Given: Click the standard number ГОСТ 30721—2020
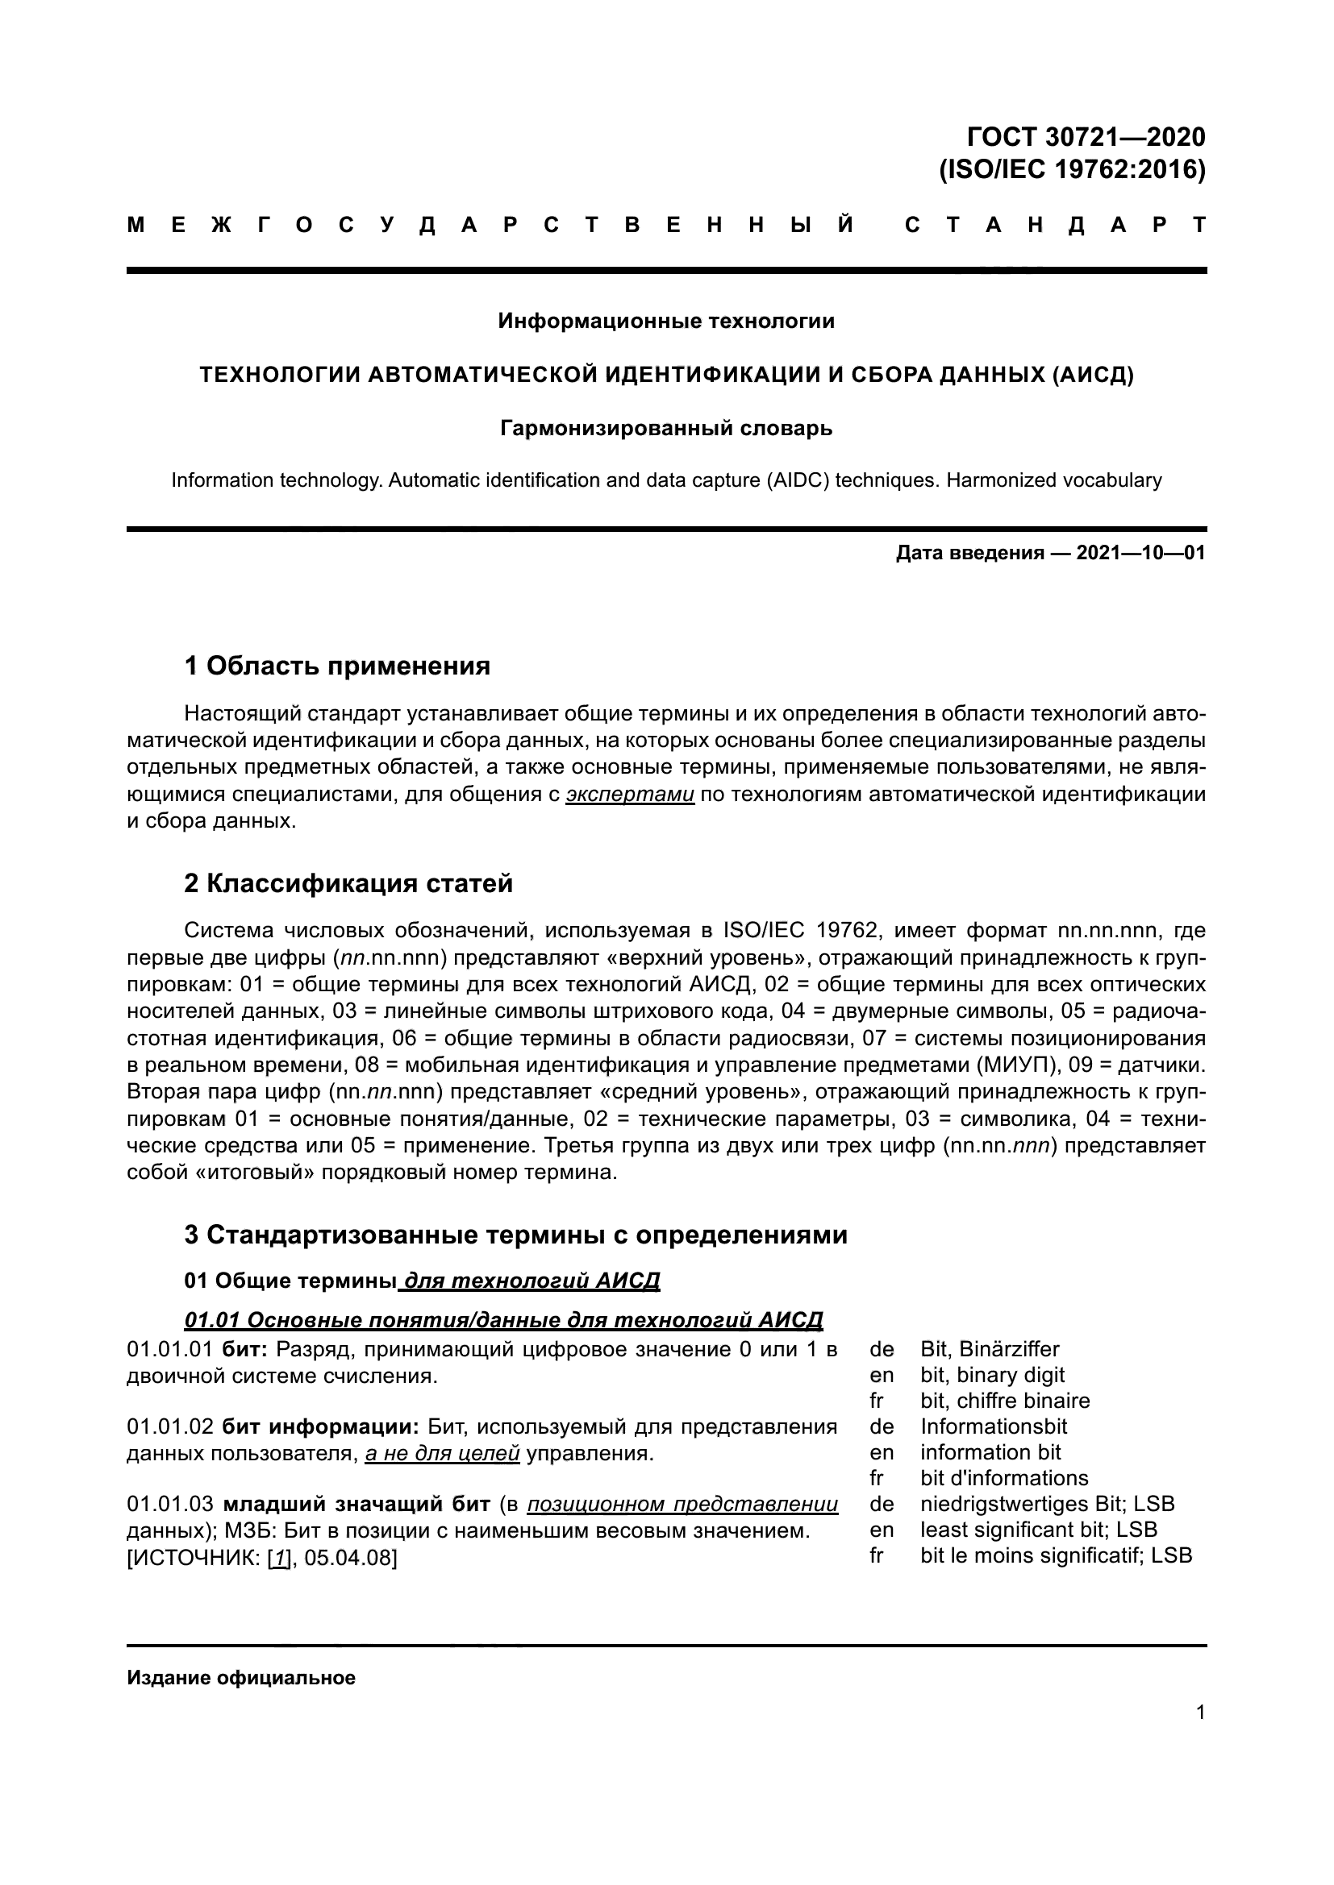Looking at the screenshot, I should pos(1085,136).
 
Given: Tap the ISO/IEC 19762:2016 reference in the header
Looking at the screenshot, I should pos(1072,169).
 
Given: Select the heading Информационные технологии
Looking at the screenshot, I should pos(666,321).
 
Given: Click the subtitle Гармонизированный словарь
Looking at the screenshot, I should pos(666,429).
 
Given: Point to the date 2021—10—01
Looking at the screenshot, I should pos(1140,554).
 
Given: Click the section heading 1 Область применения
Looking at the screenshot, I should pos(337,665).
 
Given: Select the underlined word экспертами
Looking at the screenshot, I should pos(630,794).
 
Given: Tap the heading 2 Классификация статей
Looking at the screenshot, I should pos(348,883).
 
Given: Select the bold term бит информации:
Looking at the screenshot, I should pos(321,1426).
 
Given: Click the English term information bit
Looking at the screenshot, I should pos(990,1451).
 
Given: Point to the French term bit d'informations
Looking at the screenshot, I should pos(1004,1478).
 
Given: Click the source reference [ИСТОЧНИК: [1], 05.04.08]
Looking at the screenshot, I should pos(262,1558).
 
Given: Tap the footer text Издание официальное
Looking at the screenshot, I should pos(240,1678).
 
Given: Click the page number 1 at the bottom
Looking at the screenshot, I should pos(1201,1713).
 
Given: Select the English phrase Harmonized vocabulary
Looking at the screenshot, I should pos(1054,480).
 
